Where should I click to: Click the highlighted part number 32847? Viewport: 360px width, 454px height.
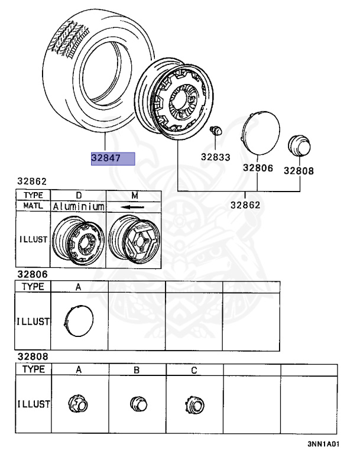106,158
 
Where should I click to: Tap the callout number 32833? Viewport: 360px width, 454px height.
216,157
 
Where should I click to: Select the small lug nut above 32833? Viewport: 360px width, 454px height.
216,131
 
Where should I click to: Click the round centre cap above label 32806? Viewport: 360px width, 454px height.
260,132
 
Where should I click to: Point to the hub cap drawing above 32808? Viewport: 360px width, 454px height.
299,145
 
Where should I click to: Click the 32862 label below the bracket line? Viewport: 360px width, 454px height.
245,205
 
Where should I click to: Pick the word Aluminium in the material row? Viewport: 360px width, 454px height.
79,206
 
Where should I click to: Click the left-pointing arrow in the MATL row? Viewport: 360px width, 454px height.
132,207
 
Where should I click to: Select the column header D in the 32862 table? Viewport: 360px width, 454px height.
79,195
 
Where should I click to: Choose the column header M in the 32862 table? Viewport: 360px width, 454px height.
134,195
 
